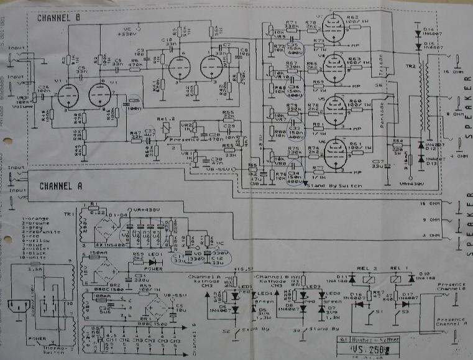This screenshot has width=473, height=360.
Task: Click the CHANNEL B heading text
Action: click(58, 18)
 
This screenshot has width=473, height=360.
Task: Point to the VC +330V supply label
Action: click(128, 32)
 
